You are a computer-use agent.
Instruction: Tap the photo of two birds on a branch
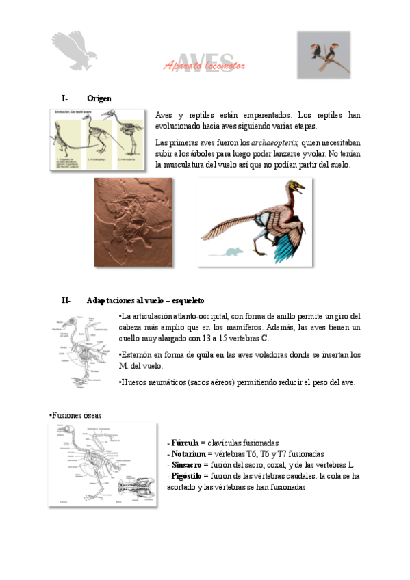[324, 55]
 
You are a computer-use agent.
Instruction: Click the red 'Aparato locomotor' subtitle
[205, 66]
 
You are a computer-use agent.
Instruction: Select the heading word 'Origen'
[100, 98]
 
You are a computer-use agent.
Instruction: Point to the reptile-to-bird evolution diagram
[97, 140]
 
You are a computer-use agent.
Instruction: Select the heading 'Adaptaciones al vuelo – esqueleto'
[146, 300]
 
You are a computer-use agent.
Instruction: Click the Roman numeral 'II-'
[66, 300]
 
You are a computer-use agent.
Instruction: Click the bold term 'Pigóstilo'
[187, 476]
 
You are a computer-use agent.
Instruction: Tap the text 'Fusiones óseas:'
[77, 415]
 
